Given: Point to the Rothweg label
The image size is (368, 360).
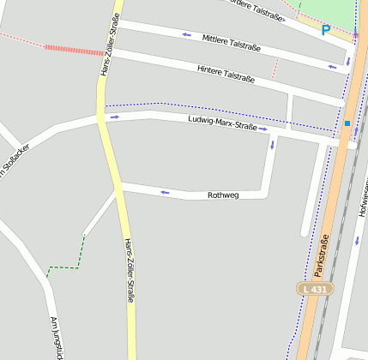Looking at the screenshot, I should pos(223,195).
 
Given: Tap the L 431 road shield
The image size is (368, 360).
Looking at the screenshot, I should pos(315,290).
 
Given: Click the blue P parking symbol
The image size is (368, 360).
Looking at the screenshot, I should pos(325,30).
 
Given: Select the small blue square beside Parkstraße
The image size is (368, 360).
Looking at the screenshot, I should pos(347,123).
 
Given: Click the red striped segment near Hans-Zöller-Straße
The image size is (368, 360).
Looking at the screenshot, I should pos(73,50).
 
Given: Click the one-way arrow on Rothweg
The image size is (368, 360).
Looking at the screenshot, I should pos(165,192).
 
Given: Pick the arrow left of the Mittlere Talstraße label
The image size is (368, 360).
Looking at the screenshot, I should pos(187,35).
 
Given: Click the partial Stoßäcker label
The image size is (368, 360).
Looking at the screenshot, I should pos(15,160).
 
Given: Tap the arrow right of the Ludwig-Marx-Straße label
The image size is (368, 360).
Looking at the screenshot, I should pos(264,129).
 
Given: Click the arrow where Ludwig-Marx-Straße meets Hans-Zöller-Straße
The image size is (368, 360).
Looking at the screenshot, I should pos(114,116).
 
